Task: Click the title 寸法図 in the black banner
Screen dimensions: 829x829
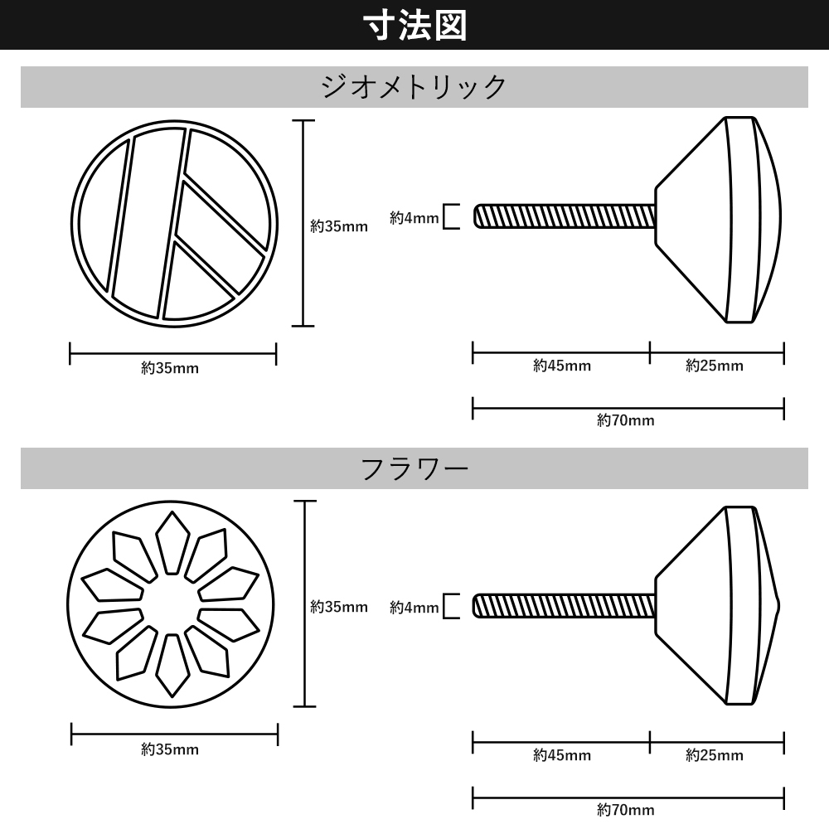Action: click(414, 26)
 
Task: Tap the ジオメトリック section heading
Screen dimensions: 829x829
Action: click(414, 86)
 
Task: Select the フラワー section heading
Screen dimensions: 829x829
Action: click(414, 468)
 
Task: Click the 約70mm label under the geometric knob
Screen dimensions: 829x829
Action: click(625, 420)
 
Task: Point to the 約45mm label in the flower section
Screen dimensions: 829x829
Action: click(562, 755)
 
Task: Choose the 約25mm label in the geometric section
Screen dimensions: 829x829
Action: click(715, 366)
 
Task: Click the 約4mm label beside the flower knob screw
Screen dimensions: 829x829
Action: click(414, 608)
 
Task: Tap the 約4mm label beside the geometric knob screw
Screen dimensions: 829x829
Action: click(414, 218)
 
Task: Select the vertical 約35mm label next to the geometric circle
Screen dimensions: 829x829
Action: click(339, 226)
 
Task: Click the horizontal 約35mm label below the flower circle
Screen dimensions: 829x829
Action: click(170, 749)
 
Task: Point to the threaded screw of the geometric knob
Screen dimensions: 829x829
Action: click(565, 216)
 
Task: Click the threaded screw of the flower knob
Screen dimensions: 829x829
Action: click(564, 606)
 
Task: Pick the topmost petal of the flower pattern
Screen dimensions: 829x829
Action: click(172, 542)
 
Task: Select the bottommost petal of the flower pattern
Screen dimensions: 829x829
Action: click(172, 666)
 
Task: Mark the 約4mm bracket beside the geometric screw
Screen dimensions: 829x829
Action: click(451, 216)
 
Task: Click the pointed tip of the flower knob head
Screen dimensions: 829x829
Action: click(779, 606)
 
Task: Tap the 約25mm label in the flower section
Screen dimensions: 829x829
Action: click(715, 755)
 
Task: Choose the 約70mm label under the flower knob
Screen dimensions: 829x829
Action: click(625, 810)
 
